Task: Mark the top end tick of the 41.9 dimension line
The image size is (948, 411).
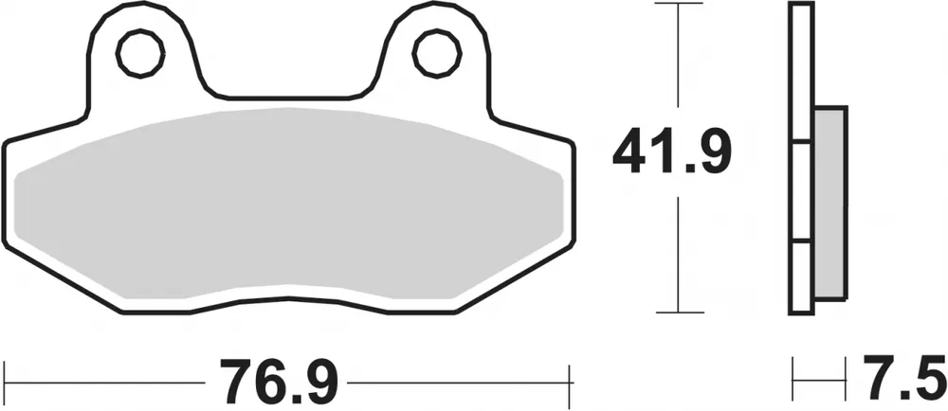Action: [677, 6]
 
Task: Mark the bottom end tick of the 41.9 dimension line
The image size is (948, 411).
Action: [677, 311]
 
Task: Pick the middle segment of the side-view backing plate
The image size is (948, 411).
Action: [800, 193]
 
